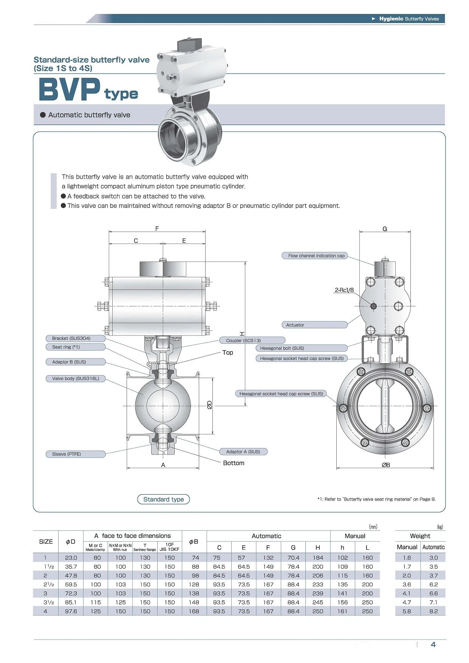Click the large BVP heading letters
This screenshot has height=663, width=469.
[70, 90]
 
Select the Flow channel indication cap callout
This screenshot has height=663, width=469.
[314, 256]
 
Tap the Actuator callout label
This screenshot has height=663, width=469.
[314, 325]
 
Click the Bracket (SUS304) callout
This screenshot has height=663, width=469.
[76, 338]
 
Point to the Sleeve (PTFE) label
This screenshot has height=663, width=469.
[76, 454]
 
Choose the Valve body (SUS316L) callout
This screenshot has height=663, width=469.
[76, 379]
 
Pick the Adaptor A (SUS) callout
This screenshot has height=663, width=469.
[243, 451]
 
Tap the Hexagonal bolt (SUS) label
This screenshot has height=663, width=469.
[301, 348]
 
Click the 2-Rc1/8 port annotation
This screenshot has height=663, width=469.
[344, 290]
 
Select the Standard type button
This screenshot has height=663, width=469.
[163, 499]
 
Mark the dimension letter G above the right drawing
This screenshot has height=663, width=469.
[385, 229]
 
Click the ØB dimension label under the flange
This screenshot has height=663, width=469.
[385, 465]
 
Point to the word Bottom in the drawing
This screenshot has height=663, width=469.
[234, 463]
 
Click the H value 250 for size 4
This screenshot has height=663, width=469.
[318, 611]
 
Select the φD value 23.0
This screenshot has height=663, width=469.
[71, 558]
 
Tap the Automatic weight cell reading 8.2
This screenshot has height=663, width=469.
[433, 611]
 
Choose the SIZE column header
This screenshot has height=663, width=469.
[46, 541]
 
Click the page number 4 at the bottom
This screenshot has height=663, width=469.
[433, 644]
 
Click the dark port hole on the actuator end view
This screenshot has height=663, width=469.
[373, 306]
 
